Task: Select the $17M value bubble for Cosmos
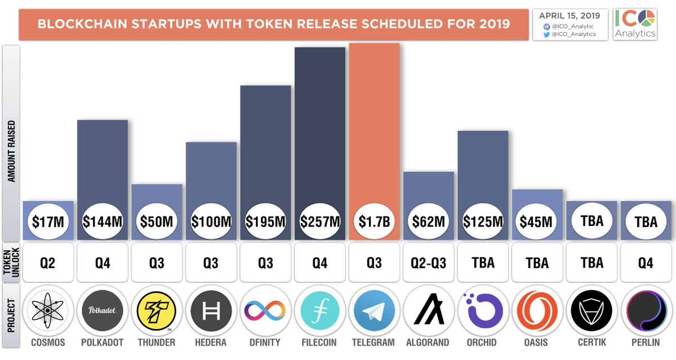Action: (48, 221)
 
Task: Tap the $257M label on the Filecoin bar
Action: (319, 221)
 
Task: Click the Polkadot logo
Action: (103, 311)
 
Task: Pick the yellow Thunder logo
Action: (157, 311)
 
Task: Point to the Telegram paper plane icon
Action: (374, 311)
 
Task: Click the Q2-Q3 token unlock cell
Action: (428, 263)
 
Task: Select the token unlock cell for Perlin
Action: (646, 263)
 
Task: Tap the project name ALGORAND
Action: (428, 343)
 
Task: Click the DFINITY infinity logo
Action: (265, 311)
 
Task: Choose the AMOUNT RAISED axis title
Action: (11, 150)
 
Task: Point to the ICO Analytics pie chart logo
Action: (647, 16)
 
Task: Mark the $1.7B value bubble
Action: (374, 221)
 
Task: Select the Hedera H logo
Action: (211, 311)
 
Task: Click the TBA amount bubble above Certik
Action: (591, 221)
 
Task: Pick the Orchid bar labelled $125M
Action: (483, 169)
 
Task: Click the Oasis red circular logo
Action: (537, 311)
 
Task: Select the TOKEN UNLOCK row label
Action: (11, 263)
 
